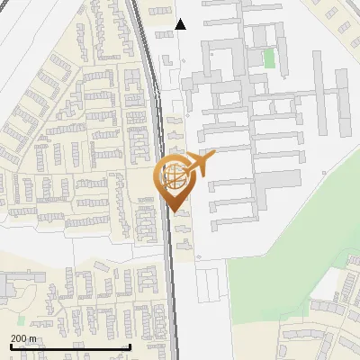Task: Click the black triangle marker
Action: point(181,24)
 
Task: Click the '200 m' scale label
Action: point(23,338)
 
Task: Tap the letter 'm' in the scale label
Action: point(32,338)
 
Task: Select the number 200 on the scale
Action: point(19,338)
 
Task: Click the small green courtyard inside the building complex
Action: point(268,58)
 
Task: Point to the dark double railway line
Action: point(167,252)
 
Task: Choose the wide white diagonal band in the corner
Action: point(36,36)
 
